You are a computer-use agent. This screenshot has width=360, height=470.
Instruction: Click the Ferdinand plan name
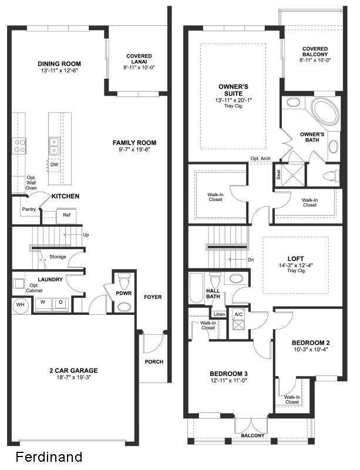[49, 456]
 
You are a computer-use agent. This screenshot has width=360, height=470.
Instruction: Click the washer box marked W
[42, 303]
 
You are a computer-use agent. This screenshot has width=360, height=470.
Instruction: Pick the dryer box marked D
[60, 303]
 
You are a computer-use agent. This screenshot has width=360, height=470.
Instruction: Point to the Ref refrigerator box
[66, 216]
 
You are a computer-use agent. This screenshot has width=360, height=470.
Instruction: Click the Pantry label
[29, 209]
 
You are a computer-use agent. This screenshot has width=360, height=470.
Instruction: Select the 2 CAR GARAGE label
[73, 370]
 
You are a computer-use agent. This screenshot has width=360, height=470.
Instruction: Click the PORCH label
[154, 361]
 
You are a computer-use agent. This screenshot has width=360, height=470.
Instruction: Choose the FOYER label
[153, 297]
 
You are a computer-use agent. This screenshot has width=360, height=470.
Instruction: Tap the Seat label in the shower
[278, 174]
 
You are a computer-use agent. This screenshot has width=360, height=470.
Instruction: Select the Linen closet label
[219, 314]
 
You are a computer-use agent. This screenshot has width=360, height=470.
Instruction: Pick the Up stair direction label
[86, 234]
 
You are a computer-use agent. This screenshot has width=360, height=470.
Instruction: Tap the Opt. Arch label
[260, 159]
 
